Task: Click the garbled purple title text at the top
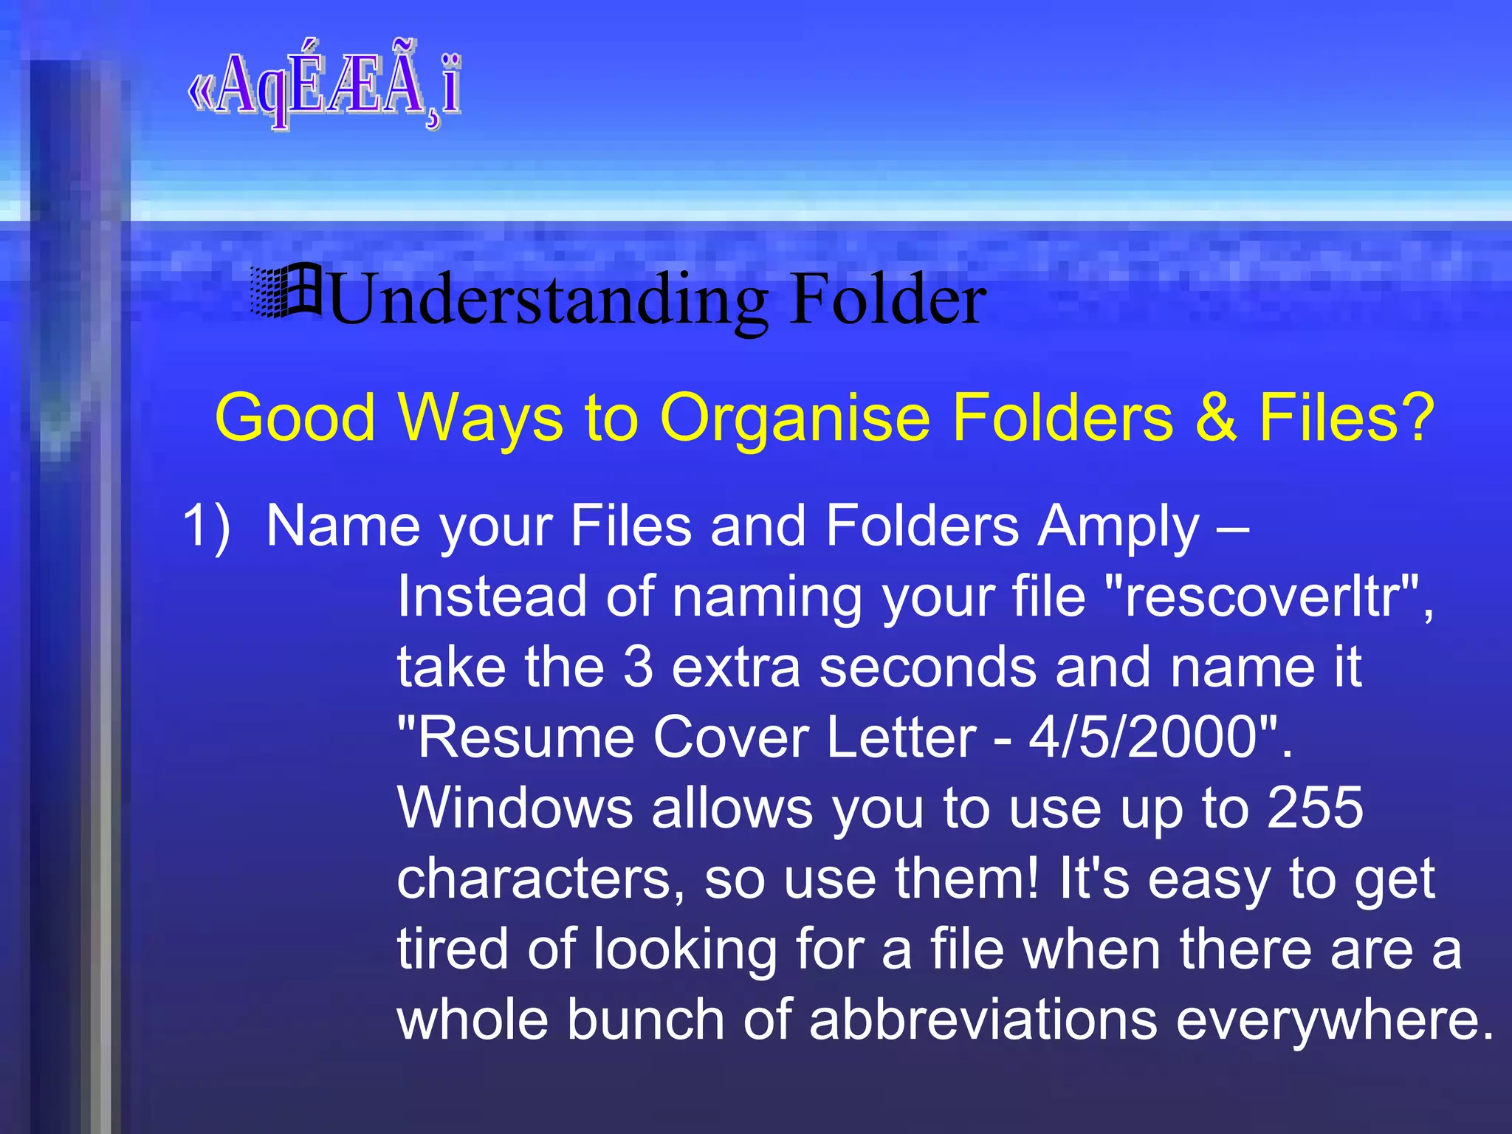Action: click(x=325, y=87)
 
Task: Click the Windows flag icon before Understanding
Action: click(x=286, y=292)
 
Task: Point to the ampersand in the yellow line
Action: click(x=1215, y=417)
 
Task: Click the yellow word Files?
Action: click(x=1346, y=417)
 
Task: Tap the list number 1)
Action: click(x=206, y=526)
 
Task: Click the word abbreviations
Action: click(x=983, y=1020)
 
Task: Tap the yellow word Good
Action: click(x=295, y=418)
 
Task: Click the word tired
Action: click(x=452, y=949)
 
